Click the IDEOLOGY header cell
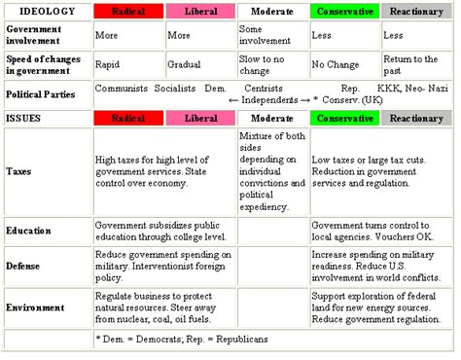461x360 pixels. pyautogui.click(x=48, y=12)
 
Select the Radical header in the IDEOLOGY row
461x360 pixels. pyautogui.click(x=128, y=12)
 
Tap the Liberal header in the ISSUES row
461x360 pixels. pyautogui.click(x=200, y=119)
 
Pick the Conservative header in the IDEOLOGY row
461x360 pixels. pyautogui.click(x=345, y=12)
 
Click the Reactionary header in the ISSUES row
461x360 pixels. pyautogui.click(x=416, y=119)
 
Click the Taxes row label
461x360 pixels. pyautogui.click(x=18, y=171)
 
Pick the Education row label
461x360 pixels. pyautogui.click(x=28, y=231)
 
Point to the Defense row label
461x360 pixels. pyautogui.click(x=22, y=266)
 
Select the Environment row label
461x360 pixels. pyautogui.click(x=35, y=307)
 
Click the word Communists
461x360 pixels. pyautogui.click(x=122, y=89)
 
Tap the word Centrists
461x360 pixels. pyautogui.click(x=264, y=89)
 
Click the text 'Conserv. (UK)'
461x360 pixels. pyautogui.click(x=352, y=100)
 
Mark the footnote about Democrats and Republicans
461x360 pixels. pyautogui.click(x=182, y=340)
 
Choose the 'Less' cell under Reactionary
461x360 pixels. pyautogui.click(x=393, y=35)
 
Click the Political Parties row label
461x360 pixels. pyautogui.click(x=41, y=94)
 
